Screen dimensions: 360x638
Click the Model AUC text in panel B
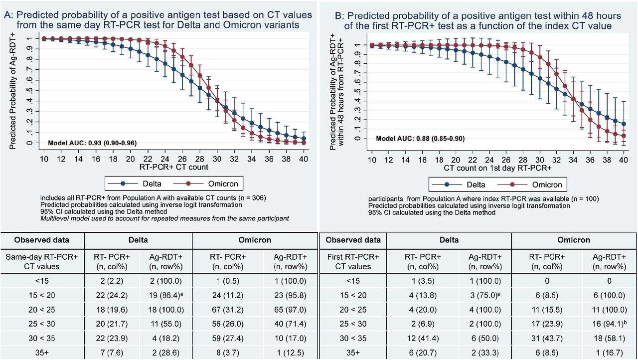coord(421,138)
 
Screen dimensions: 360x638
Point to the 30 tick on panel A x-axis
coord(217,158)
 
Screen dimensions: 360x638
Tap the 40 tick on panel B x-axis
coord(624,158)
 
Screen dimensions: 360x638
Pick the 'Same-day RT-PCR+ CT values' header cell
coord(42,261)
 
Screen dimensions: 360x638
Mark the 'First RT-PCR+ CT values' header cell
coord(353,261)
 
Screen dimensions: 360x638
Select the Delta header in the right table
coord(449,240)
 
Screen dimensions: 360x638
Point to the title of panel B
coord(478,20)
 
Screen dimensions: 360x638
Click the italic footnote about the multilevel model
coord(164,218)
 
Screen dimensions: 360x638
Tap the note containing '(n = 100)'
coord(483,198)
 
